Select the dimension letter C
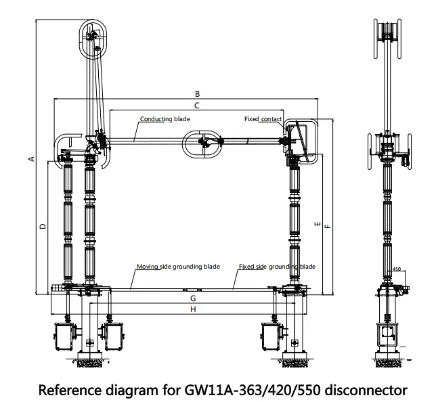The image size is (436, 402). pyautogui.click(x=196, y=106)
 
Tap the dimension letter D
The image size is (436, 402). pyautogui.click(x=42, y=225)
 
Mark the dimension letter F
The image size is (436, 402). pyautogui.click(x=328, y=227)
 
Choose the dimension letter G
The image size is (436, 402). pyautogui.click(x=193, y=298)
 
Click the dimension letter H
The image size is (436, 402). pyautogui.click(x=194, y=309)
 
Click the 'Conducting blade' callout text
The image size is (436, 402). pyautogui.click(x=165, y=119)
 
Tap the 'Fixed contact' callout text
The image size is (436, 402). pyautogui.click(x=263, y=119)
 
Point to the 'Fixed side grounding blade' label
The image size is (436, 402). pyautogui.click(x=277, y=267)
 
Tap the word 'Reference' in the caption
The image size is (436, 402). pyautogui.click(x=71, y=390)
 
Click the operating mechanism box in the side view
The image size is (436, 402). pyautogui.click(x=389, y=336)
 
